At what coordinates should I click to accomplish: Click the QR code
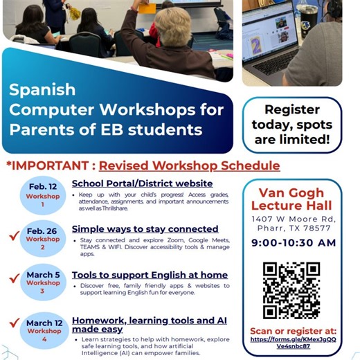[291, 289]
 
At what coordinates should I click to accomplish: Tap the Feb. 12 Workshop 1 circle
[44, 195]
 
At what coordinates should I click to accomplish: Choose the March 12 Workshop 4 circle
[44, 329]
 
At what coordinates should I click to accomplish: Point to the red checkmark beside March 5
[14, 279]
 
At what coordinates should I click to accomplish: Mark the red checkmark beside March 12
[14, 323]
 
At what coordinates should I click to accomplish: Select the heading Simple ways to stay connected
[145, 228]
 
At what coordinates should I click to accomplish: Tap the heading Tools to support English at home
[150, 275]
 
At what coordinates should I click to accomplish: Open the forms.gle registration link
[291, 341]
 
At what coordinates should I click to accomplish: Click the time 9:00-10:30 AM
[294, 242]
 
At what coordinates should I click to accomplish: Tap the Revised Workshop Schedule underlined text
[189, 166]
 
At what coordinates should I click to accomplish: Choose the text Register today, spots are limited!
[292, 125]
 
